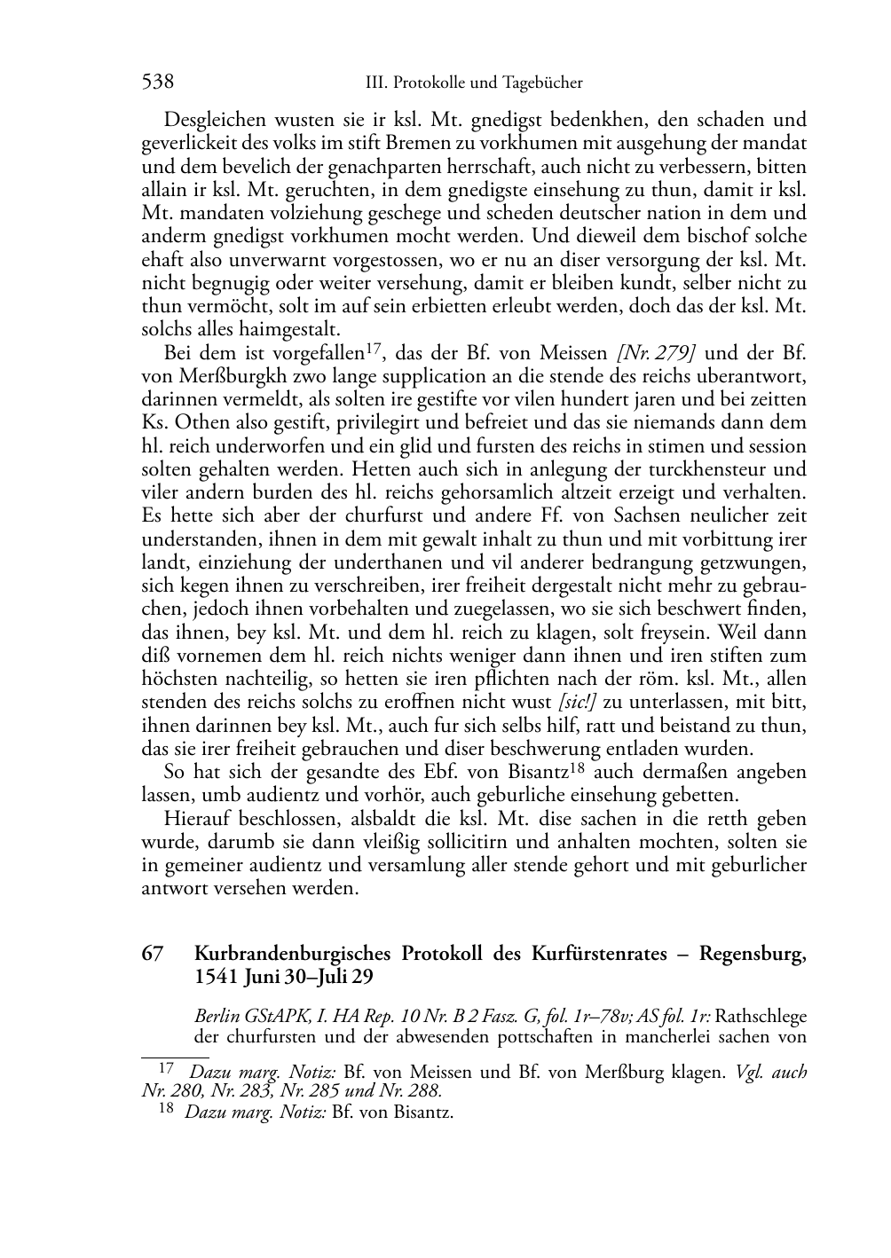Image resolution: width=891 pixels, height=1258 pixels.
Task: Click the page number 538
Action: [157, 83]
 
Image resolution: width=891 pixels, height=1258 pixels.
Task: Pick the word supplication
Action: [409, 377]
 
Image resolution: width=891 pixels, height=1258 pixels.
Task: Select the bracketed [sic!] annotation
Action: [576, 702]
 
